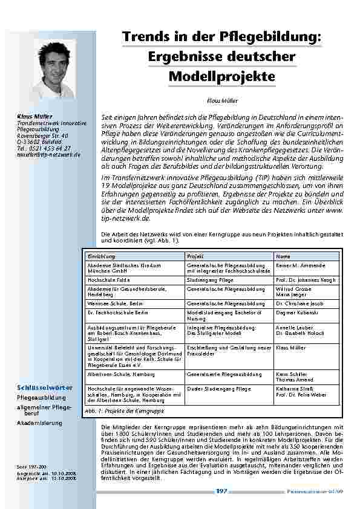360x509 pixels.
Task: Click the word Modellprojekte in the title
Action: point(221,77)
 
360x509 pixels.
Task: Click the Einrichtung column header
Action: point(100,257)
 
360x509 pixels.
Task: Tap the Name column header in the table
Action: point(283,257)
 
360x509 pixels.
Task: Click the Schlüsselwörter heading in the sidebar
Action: point(45,387)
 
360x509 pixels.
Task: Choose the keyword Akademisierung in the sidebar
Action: point(39,423)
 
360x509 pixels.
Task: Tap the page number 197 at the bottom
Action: point(221,491)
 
